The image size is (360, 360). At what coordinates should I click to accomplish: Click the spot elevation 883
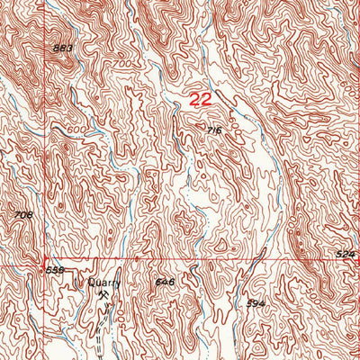point(62,48)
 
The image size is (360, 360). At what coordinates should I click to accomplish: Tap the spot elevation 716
point(213,131)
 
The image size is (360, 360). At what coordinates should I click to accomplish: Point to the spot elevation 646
point(164,282)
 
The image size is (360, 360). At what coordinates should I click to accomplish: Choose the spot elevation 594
point(256,304)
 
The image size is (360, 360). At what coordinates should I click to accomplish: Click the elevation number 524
point(346,256)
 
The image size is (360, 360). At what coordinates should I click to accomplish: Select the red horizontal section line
point(225,260)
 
